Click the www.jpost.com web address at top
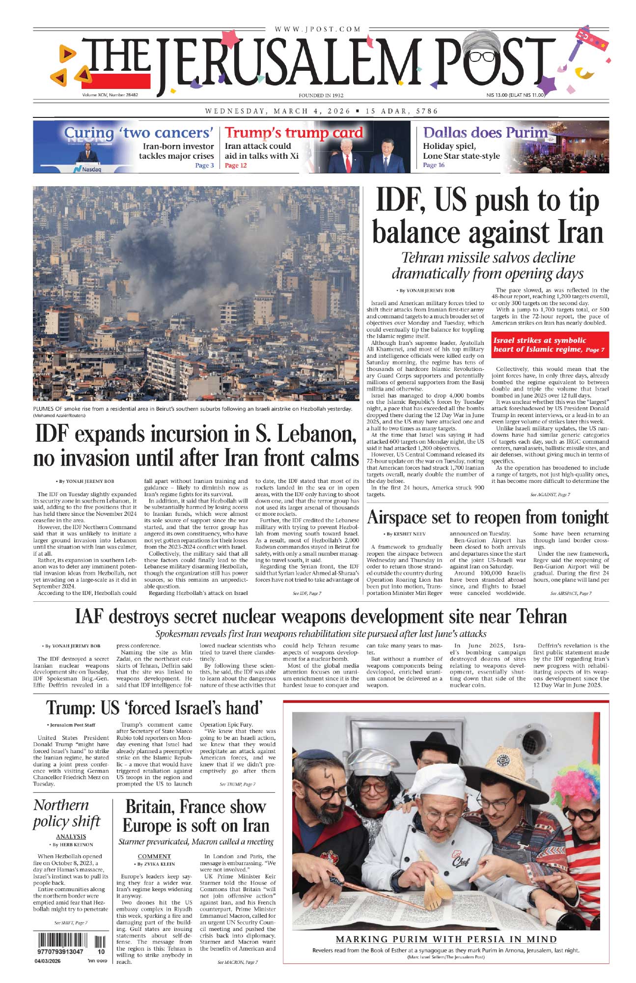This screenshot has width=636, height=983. [x=318, y=29]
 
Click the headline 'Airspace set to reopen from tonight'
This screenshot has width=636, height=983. [x=488, y=518]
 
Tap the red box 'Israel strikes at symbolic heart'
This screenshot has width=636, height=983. [x=550, y=345]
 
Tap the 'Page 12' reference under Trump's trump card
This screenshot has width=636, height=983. [x=236, y=166]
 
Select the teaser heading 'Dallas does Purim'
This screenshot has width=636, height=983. [x=485, y=133]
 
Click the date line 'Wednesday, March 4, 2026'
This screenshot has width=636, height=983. [x=278, y=111]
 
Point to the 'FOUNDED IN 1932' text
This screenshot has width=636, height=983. [x=321, y=95]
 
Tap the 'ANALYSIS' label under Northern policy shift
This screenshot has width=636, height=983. [x=71, y=837]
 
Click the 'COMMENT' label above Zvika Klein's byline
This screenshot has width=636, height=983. [x=154, y=856]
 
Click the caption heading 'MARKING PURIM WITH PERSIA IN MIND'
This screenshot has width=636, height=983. [x=446, y=939]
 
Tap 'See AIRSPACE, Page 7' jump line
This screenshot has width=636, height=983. [x=571, y=593]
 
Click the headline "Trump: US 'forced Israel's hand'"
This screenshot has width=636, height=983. [x=154, y=708]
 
